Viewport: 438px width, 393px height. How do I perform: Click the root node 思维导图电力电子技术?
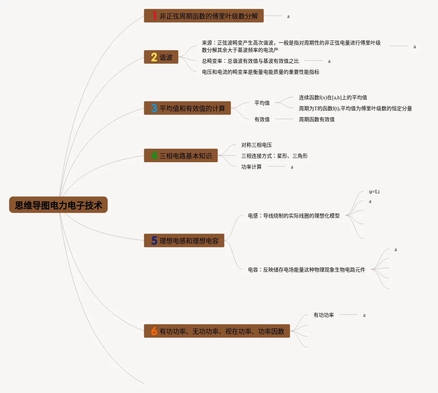point(58,205)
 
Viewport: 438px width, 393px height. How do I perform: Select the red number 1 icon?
point(154,16)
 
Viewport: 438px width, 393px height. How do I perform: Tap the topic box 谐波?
point(161,57)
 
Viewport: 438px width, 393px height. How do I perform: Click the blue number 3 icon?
point(154,108)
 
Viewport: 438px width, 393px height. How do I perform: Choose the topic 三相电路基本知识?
point(181,156)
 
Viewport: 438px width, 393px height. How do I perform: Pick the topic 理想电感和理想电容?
point(184,241)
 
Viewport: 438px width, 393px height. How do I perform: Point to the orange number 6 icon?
point(154,331)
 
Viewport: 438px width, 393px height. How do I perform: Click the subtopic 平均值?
point(262,103)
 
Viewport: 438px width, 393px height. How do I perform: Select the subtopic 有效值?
point(262,119)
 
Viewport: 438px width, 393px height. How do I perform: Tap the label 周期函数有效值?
point(316,119)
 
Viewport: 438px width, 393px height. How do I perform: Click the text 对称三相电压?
point(257,145)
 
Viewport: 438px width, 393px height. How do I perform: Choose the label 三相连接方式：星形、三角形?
point(274,156)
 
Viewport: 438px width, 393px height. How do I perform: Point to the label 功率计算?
point(251,167)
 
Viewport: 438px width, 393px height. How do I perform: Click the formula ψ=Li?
point(374,192)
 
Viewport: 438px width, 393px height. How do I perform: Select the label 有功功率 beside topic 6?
point(324,315)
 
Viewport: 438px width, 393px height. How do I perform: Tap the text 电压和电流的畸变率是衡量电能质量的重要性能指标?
point(261,72)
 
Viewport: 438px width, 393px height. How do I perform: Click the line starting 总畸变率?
point(250,61)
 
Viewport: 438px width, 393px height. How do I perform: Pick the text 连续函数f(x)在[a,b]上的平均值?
point(333,97)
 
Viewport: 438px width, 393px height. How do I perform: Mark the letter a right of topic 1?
point(288,16)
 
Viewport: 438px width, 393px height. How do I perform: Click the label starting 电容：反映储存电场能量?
point(306,270)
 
